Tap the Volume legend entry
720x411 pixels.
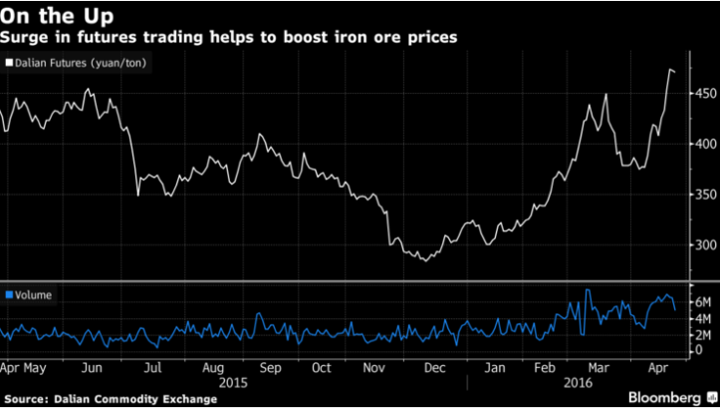[x=32, y=294]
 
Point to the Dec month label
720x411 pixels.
[x=435, y=367]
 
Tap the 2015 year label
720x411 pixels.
[x=232, y=381]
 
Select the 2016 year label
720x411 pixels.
[x=578, y=381]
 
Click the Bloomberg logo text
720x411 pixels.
[x=661, y=397]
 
